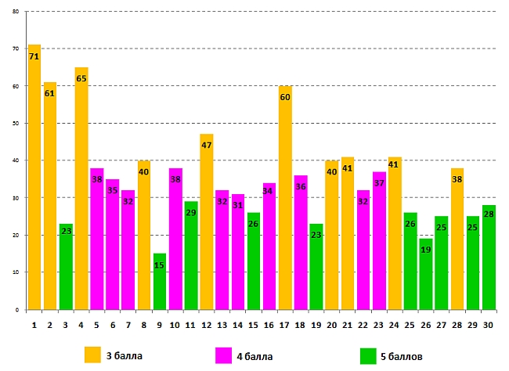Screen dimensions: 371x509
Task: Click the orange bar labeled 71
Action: coord(34,180)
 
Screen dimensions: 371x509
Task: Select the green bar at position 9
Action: coord(159,282)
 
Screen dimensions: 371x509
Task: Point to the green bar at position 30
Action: coord(488,258)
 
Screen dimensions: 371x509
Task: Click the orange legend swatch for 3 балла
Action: coord(93,355)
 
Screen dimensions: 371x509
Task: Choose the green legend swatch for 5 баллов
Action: coord(369,356)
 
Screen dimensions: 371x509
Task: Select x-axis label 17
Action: coord(284,324)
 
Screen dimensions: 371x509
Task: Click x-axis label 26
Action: coord(425,324)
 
